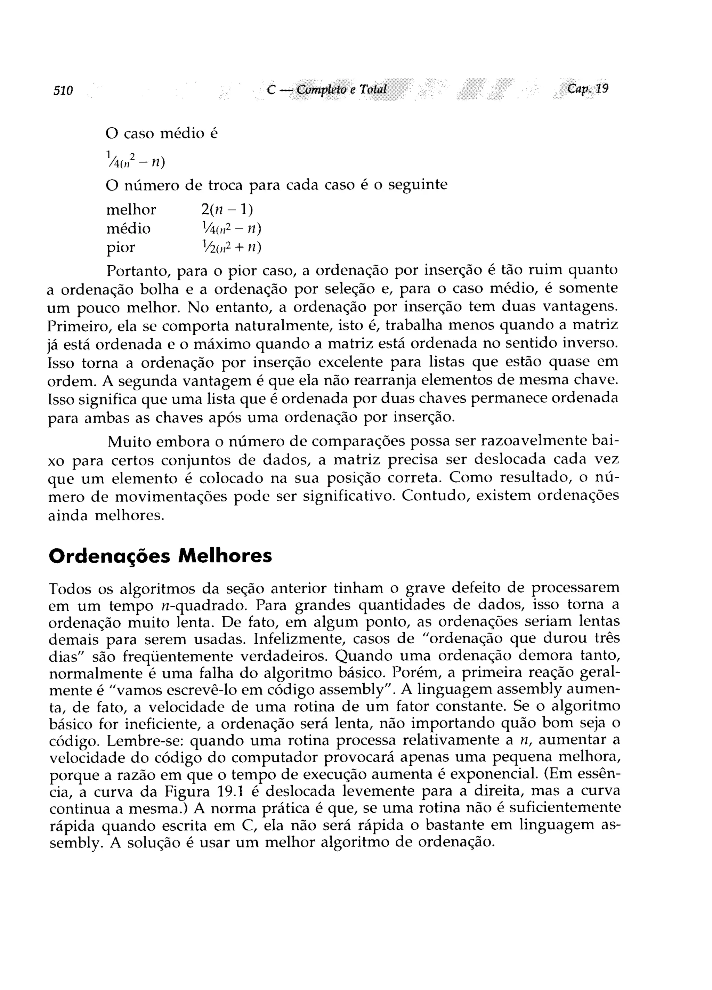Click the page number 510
click(63, 91)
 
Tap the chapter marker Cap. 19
click(587, 89)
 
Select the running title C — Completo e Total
click(326, 89)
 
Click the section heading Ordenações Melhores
click(160, 556)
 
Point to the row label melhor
click(131, 210)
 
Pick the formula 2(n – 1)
click(227, 210)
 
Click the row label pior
click(121, 248)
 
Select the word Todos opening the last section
click(70, 589)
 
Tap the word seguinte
click(418, 185)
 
